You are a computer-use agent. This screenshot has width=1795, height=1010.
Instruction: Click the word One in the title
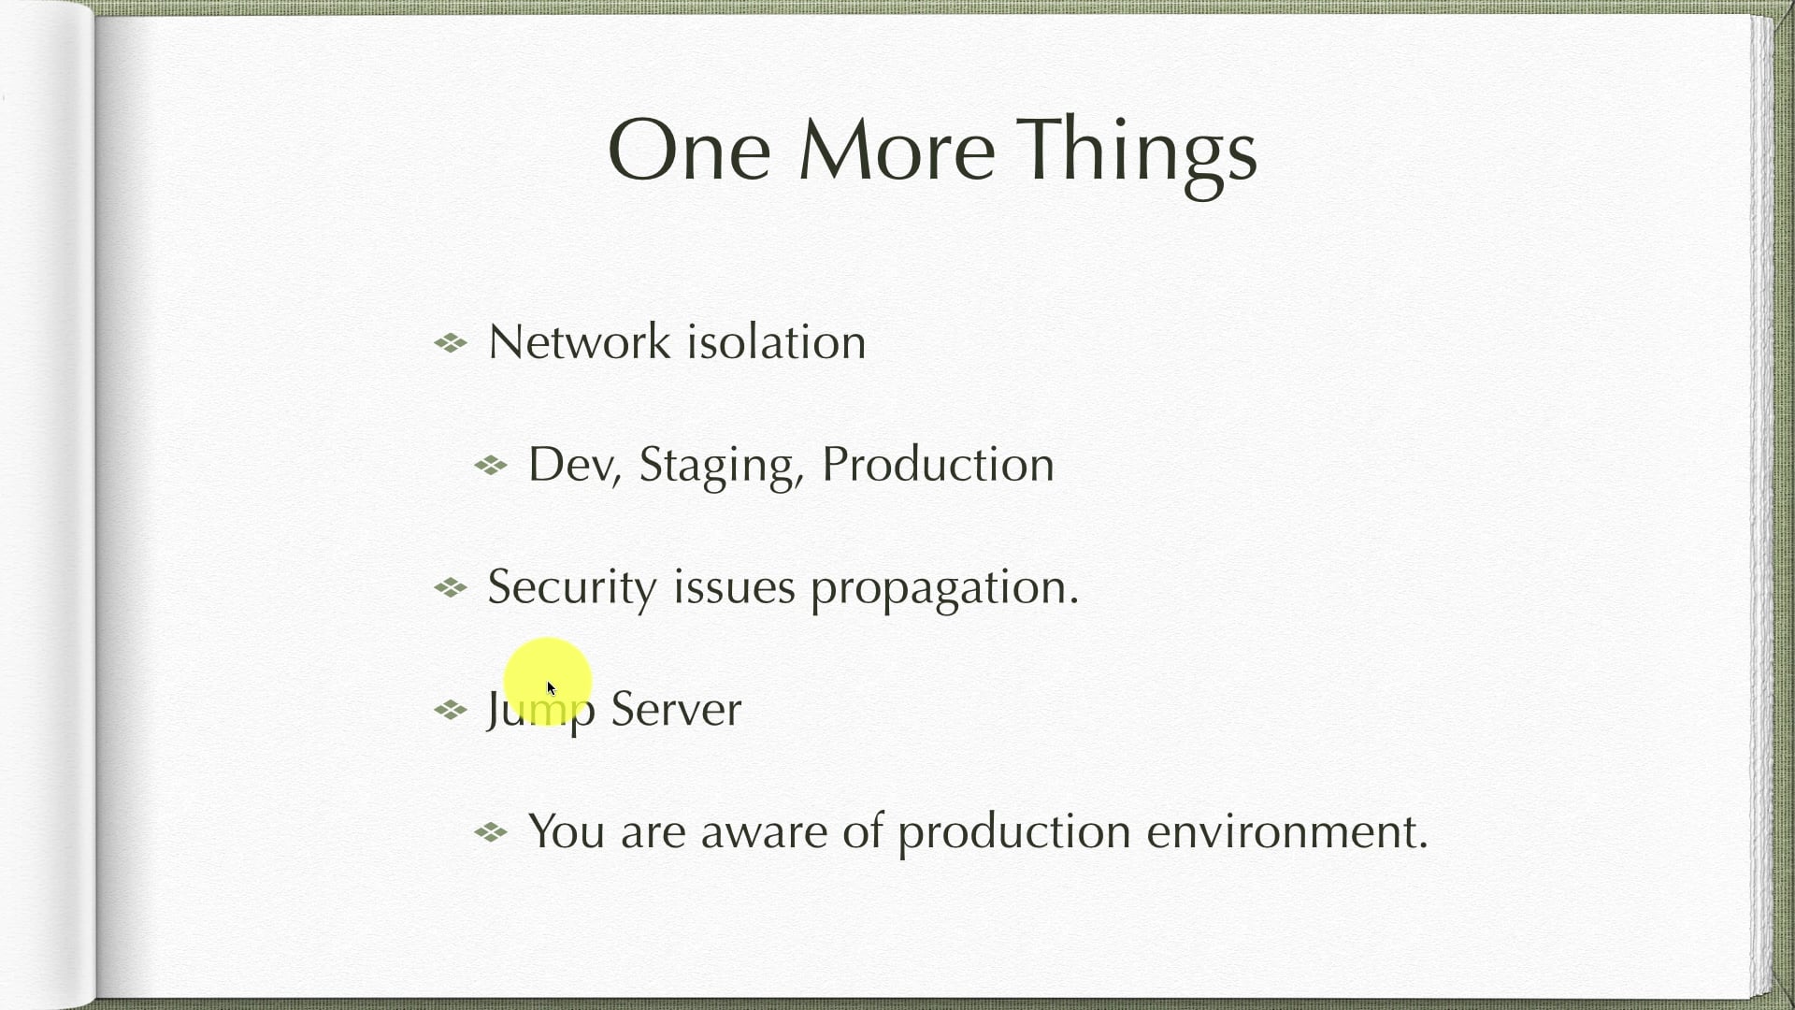pos(689,150)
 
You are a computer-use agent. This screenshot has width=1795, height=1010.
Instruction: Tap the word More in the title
pos(897,150)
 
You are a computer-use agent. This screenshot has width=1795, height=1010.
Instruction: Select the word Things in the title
pos(1137,155)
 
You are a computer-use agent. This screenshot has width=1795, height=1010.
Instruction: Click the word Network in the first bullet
pos(580,341)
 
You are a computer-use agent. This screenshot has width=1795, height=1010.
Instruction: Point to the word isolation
pos(776,341)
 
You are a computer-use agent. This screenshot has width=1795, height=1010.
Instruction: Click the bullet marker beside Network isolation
pos(451,343)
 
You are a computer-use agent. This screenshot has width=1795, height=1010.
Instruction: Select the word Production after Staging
pos(938,464)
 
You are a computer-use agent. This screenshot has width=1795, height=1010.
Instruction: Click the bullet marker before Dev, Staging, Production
pos(491,465)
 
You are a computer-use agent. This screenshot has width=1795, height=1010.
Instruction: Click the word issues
pos(734,587)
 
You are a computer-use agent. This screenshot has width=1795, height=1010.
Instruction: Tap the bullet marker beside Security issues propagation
pos(451,587)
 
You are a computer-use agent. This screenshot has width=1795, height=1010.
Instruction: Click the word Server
pos(676,710)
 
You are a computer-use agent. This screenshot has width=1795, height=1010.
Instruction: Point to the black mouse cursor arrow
pos(552,688)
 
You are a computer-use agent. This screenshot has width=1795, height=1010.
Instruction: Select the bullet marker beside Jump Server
pos(451,711)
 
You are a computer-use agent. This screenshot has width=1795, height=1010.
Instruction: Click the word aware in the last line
pos(764,832)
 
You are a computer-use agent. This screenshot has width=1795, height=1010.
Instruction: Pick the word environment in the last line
pos(1287,830)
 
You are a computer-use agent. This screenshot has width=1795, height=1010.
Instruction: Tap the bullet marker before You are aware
pos(491,831)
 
